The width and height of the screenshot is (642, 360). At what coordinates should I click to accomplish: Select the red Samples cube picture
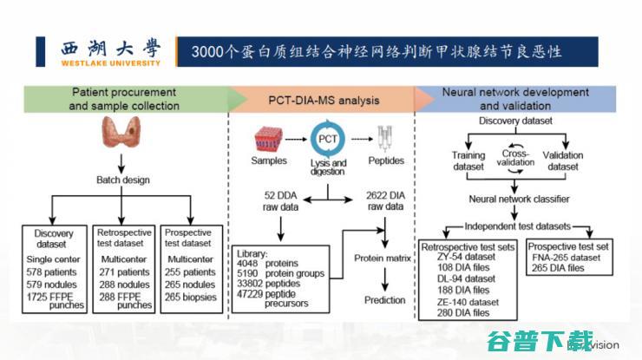(269, 141)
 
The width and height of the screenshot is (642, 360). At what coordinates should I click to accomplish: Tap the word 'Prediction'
(384, 300)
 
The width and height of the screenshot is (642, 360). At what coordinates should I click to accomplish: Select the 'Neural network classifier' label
(520, 199)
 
